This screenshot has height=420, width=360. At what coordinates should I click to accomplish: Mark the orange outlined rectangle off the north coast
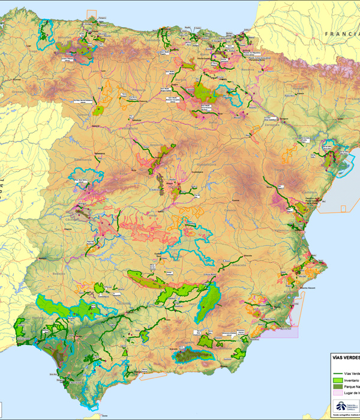click(91, 16)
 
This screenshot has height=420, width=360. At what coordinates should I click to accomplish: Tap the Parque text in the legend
click(353, 388)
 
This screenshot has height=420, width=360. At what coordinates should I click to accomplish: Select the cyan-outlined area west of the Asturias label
click(46, 31)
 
